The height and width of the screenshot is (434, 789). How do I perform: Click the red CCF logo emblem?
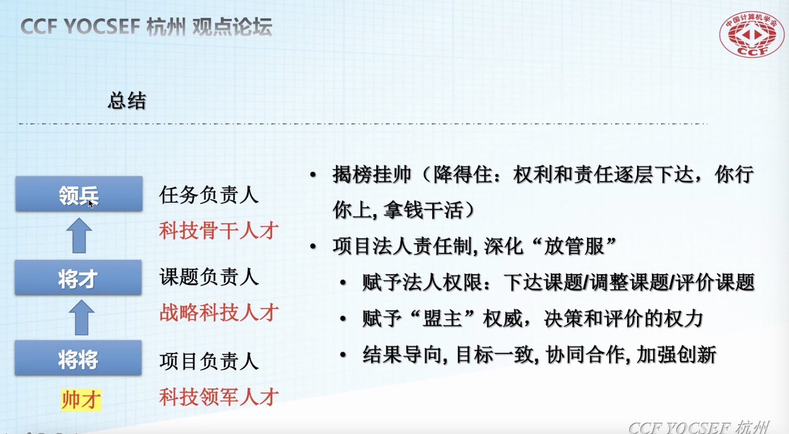pyautogui.click(x=752, y=34)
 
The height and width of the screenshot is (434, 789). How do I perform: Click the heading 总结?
pyautogui.click(x=127, y=101)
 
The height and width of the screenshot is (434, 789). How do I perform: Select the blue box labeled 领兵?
pyautogui.click(x=79, y=194)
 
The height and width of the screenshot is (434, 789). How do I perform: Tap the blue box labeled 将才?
pyautogui.click(x=78, y=277)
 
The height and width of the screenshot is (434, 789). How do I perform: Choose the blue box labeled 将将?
pyautogui.click(x=78, y=357)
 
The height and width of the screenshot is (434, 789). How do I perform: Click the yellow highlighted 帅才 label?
pyautogui.click(x=81, y=400)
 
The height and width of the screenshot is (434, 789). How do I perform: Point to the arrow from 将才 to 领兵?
pyautogui.click(x=79, y=235)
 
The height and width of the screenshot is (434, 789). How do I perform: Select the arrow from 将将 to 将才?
pyautogui.click(x=82, y=318)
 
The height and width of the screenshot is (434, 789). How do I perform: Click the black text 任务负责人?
pyautogui.click(x=209, y=195)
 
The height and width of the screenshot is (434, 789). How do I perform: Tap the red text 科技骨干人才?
pyautogui.click(x=219, y=231)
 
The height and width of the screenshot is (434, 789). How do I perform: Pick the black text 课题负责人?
pyautogui.click(x=209, y=277)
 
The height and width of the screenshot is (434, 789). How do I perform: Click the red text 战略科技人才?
pyautogui.click(x=219, y=312)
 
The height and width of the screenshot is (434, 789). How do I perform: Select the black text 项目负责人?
pyautogui.click(x=209, y=361)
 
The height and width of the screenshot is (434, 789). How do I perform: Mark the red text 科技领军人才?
pyautogui.click(x=219, y=397)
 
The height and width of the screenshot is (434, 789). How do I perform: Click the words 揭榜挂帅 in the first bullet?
pyautogui.click(x=372, y=175)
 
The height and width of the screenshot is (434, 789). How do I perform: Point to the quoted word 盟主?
pyautogui.click(x=442, y=319)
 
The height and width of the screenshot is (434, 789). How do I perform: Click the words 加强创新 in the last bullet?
pyautogui.click(x=677, y=355)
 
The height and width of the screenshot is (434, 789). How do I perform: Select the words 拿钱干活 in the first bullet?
pyautogui.click(x=423, y=210)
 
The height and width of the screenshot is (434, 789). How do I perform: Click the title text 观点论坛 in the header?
pyautogui.click(x=232, y=27)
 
